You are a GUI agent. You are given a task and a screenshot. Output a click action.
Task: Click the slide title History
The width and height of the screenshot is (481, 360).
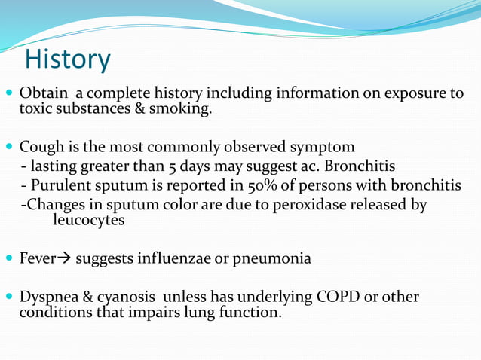point(68,59)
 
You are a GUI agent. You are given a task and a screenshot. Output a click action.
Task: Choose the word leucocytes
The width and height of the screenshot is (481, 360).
point(88,220)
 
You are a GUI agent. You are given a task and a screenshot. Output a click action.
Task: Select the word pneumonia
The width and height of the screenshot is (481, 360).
point(273,258)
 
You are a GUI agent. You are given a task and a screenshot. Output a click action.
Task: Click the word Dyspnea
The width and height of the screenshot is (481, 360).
point(48,297)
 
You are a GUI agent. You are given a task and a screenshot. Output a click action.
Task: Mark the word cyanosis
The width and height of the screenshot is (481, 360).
point(121,297)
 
